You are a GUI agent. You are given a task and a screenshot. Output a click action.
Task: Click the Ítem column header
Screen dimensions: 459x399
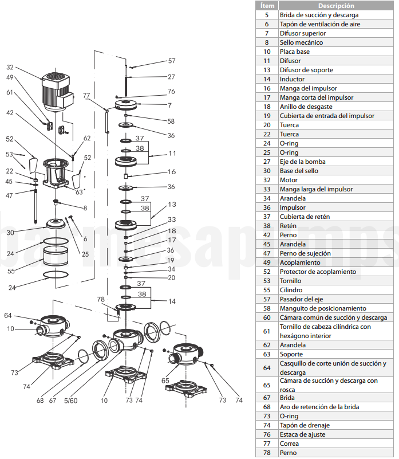coord(267,5)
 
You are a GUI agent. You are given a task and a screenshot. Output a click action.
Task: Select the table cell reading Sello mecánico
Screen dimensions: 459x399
coord(301,42)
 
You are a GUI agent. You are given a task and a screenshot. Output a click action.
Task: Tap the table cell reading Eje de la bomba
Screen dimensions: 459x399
coord(303,162)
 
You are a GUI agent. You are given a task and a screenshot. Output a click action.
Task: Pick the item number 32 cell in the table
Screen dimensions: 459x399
coord(267,180)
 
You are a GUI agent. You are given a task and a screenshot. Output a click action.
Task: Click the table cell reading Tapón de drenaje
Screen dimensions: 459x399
coord(305,425)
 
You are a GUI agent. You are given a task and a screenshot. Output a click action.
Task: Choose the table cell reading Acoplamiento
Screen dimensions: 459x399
coord(299,262)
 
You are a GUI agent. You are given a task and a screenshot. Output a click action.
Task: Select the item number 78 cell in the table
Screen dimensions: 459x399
coord(267,453)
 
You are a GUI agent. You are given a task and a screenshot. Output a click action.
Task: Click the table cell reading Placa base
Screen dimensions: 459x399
coord(295,52)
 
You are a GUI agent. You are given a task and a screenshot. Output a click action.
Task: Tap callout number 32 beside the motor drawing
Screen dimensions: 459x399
coord(10,67)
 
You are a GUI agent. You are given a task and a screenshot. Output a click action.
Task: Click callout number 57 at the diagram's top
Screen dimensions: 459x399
coord(172,61)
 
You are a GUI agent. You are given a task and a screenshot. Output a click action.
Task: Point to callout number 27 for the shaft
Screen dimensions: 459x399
coord(172,76)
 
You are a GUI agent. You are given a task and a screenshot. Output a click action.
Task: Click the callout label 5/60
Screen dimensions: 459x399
coord(71,401)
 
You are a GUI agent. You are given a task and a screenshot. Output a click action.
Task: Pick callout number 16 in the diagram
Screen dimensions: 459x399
coord(172,172)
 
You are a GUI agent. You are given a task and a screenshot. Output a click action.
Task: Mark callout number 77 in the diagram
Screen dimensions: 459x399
coord(86,95)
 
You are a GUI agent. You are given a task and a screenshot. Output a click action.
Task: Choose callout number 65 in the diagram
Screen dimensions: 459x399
coord(165,380)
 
